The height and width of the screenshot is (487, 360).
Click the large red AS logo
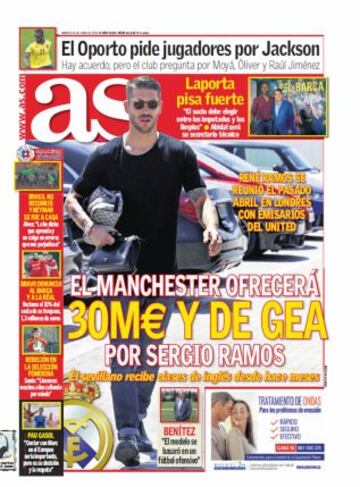point(100,109)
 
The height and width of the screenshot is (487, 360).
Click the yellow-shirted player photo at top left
point(38,48)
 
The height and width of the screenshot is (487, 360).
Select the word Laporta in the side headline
point(206,85)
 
